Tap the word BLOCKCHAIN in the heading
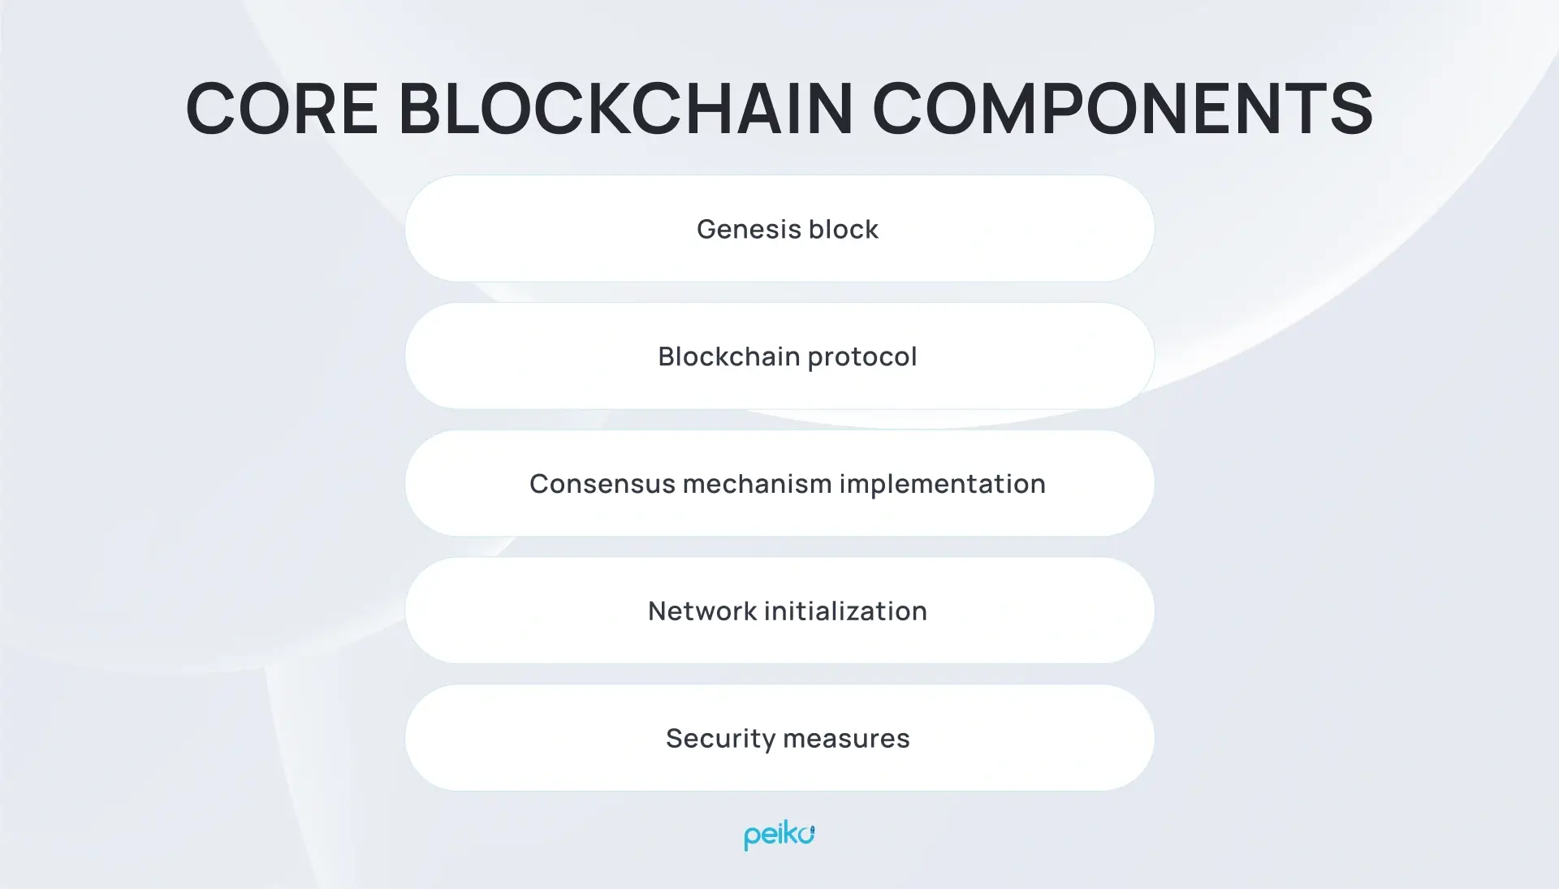click(625, 109)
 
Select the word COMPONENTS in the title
click(1122, 109)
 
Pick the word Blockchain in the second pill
click(728, 356)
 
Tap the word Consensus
click(602, 484)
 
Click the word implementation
click(942, 485)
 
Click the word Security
click(720, 740)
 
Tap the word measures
click(846, 739)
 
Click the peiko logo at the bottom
click(779, 835)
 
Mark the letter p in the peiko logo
click(751, 838)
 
